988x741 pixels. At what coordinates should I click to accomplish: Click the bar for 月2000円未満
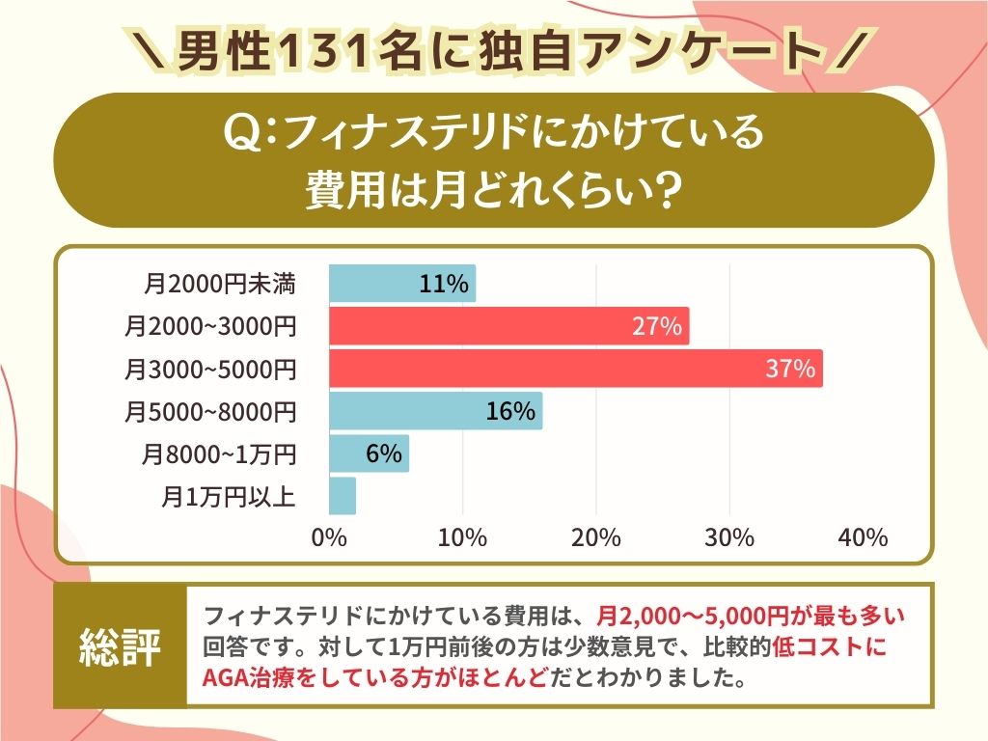[401, 284]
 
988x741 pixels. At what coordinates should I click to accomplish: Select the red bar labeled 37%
[575, 369]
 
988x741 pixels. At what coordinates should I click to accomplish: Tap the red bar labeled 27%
[508, 326]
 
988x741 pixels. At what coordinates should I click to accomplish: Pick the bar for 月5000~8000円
[435, 411]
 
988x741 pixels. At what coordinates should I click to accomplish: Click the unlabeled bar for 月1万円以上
[343, 496]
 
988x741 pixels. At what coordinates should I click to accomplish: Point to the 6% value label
[383, 453]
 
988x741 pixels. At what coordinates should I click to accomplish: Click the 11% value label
[444, 284]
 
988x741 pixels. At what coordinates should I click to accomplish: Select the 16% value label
[510, 411]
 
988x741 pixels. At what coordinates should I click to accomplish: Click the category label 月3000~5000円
[209, 370]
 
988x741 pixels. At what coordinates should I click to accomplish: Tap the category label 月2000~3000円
[209, 327]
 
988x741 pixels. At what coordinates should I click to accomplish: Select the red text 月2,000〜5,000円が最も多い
[752, 616]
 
